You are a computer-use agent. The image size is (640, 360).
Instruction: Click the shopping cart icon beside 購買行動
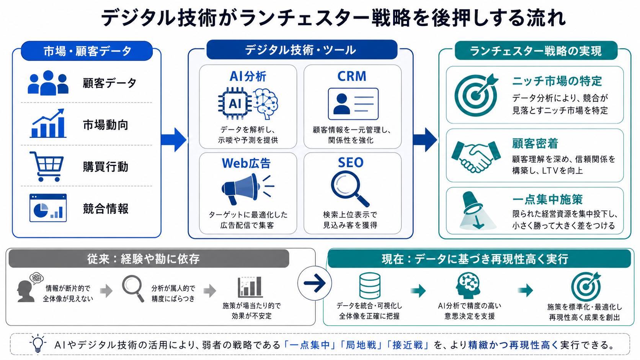tap(47, 166)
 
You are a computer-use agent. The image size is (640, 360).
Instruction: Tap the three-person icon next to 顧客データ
tap(48, 83)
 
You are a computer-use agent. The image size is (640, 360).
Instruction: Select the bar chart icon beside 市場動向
tap(48, 123)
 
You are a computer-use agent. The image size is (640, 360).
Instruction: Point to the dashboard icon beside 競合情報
tap(48, 208)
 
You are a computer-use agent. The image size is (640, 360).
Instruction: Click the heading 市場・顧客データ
tap(87, 51)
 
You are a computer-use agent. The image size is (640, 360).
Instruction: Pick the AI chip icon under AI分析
tap(235, 104)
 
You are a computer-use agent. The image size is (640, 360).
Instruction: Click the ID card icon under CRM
tap(353, 104)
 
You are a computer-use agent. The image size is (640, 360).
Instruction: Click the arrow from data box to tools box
tap(174, 140)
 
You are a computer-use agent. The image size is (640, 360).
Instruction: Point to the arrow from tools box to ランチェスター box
tap(425, 140)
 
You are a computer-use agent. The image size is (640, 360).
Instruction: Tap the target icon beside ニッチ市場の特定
tap(476, 95)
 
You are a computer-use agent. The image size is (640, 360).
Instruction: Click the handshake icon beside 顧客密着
tap(476, 156)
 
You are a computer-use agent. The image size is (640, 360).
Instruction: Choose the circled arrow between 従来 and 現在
tap(315, 283)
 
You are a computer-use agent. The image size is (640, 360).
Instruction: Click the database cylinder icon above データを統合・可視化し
tap(370, 286)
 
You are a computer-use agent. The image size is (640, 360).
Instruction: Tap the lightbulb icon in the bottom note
tap(38, 344)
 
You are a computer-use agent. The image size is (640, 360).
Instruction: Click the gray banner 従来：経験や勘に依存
tap(149, 259)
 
